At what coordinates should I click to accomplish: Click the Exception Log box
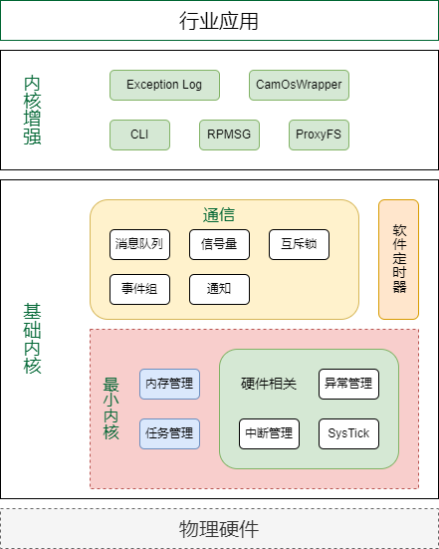pyautogui.click(x=165, y=85)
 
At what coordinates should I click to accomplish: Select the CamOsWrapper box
pyautogui.click(x=299, y=85)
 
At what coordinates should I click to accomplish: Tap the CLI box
pyautogui.click(x=140, y=135)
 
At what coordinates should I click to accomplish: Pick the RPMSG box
pyautogui.click(x=230, y=135)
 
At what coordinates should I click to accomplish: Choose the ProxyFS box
pyautogui.click(x=319, y=135)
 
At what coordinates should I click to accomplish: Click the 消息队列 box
pyautogui.click(x=140, y=244)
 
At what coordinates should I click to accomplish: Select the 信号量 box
pyautogui.click(x=219, y=244)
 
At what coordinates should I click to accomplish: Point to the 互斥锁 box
pyautogui.click(x=299, y=244)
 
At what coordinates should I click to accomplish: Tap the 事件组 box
pyautogui.click(x=140, y=289)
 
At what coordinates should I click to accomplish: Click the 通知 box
pyautogui.click(x=219, y=289)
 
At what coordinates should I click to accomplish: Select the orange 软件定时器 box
pyautogui.click(x=399, y=259)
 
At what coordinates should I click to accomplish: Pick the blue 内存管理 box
pyautogui.click(x=169, y=384)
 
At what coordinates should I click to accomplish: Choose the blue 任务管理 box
pyautogui.click(x=169, y=433)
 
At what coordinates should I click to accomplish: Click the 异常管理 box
pyautogui.click(x=348, y=384)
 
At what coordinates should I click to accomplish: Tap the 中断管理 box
pyautogui.click(x=270, y=433)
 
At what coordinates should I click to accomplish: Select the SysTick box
pyautogui.click(x=348, y=433)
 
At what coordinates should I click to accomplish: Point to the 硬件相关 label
pyautogui.click(x=269, y=384)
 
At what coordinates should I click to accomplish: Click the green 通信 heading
pyautogui.click(x=219, y=214)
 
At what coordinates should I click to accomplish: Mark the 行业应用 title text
pyautogui.click(x=219, y=21)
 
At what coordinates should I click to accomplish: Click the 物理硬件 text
pyautogui.click(x=219, y=529)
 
